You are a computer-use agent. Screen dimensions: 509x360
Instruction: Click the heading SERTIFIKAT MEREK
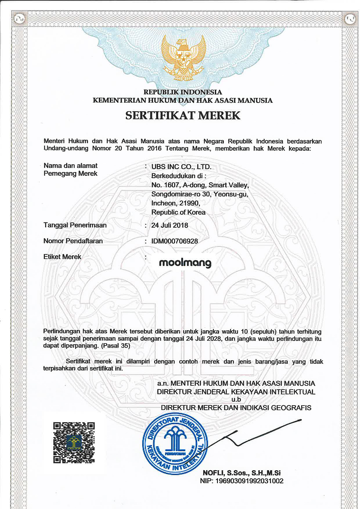tap(183, 115)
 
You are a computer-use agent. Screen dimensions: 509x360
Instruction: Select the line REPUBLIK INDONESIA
tap(183, 92)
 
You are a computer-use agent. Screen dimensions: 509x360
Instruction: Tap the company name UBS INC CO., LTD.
tap(181, 167)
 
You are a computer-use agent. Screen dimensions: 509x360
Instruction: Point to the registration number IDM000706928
tap(175, 241)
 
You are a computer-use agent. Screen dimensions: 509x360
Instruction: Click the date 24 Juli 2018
tap(170, 225)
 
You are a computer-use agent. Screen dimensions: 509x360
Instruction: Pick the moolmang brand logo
tap(185, 263)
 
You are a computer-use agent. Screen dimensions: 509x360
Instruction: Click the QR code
tap(74, 443)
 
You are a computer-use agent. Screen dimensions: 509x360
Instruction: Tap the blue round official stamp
tap(175, 444)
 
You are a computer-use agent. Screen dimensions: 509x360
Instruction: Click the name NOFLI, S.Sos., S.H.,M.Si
tap(241, 473)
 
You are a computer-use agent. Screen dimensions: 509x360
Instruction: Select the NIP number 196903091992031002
tap(249, 481)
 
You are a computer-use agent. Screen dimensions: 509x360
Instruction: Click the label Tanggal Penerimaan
tap(75, 225)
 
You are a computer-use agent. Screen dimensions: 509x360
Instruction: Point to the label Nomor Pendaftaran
tap(73, 241)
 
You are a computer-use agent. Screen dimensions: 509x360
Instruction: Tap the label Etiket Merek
tap(62, 257)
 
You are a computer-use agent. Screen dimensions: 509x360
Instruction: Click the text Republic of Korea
tap(178, 212)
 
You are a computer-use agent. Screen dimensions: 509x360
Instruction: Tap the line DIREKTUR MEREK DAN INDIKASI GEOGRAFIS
tap(236, 408)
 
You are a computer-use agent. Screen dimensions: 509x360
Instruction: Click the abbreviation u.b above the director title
tap(236, 399)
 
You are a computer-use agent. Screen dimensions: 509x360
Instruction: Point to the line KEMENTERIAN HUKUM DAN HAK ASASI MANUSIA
tap(183, 100)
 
